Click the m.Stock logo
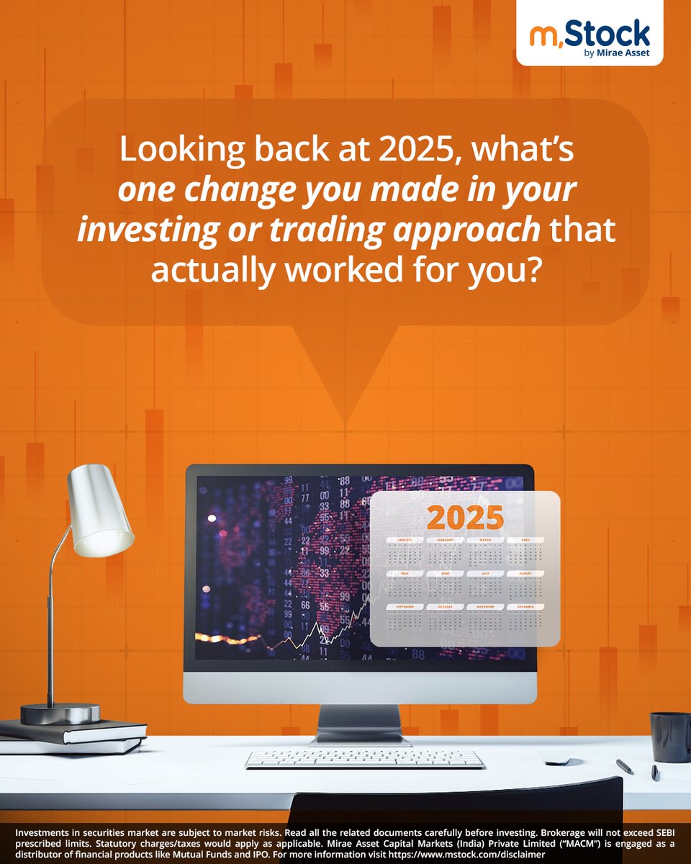[x=590, y=34]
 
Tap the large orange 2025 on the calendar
[x=466, y=517]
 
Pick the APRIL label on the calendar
[x=525, y=539]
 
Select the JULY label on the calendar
[x=485, y=574]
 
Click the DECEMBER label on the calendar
[x=525, y=607]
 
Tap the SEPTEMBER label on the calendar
[x=405, y=607]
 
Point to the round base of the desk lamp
[x=60, y=714]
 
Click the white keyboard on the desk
[x=364, y=758]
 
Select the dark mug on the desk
[x=671, y=737]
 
